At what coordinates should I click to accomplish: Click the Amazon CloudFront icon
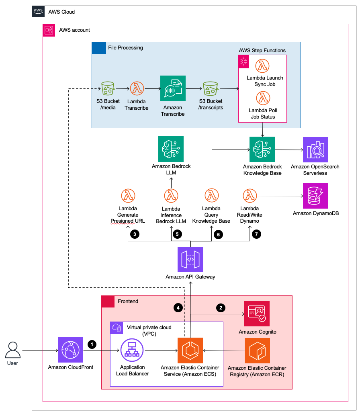coord(71,350)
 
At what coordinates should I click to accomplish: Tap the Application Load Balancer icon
coord(132,350)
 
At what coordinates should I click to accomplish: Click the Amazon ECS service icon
coord(190,350)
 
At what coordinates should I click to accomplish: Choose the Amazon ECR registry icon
coord(257,351)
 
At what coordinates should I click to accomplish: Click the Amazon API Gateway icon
coord(190,259)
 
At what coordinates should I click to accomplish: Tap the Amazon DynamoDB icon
coord(315,196)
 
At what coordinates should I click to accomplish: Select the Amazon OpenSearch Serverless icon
coord(315,150)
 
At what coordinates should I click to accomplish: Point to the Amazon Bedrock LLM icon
coord(171,149)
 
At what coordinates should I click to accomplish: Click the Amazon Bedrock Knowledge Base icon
coord(262,149)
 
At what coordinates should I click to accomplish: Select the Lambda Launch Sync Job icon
coord(263,66)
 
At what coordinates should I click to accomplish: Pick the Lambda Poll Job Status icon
coord(263,98)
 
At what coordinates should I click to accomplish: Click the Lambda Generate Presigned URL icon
coord(128,196)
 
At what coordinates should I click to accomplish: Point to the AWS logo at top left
coord(37,12)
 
